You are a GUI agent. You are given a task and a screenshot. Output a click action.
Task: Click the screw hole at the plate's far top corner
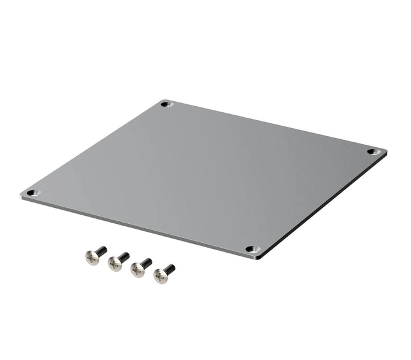165,104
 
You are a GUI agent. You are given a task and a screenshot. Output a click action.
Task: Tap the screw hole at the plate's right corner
373,151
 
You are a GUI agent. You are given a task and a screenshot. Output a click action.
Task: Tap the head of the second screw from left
114,264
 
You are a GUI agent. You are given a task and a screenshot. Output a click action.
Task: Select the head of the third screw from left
137,270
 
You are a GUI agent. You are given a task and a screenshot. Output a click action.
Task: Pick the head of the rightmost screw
160,277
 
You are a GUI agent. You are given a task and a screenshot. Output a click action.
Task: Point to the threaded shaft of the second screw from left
124,256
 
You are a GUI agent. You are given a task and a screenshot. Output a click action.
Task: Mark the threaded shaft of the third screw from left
147,263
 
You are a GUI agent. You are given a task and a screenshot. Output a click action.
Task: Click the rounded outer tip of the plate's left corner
21,194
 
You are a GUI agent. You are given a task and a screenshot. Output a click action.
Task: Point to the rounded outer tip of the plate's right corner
386,151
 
